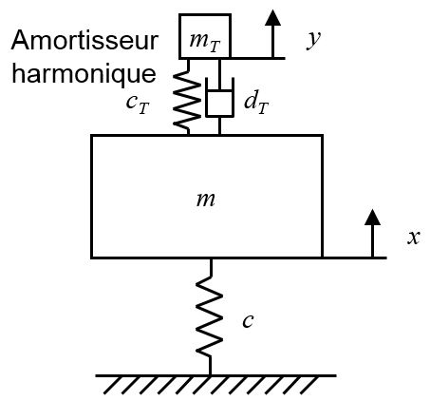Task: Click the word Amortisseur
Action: coord(84,40)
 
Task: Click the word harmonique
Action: coord(84,75)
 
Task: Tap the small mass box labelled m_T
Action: coord(205,36)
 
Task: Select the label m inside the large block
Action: coord(206,200)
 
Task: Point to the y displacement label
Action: coord(313,40)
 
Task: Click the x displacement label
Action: coord(414,238)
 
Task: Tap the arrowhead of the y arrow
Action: coord(272,17)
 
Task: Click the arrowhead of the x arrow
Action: coord(372,218)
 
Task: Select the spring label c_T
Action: coord(138,104)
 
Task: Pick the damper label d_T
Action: coord(256,102)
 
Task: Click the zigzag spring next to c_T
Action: coord(187,97)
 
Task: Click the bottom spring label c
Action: coord(248,320)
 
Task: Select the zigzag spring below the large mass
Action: coord(210,316)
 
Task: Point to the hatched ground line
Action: coord(215,384)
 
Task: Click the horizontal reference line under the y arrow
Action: coord(258,58)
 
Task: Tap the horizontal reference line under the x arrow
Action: coord(354,258)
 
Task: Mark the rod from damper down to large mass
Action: coord(219,125)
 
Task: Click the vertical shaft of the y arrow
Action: coord(272,41)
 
